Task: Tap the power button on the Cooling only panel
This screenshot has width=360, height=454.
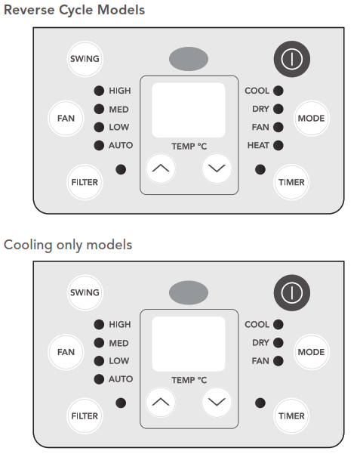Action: pyautogui.click(x=292, y=293)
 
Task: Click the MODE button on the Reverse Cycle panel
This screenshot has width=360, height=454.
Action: pyautogui.click(x=312, y=118)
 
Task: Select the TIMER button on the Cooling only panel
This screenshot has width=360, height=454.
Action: pyautogui.click(x=291, y=415)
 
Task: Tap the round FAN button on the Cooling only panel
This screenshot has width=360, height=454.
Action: pyautogui.click(x=66, y=352)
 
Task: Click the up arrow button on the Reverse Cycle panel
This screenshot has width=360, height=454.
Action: pyautogui.click(x=161, y=168)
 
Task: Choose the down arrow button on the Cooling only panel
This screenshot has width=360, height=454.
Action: pyautogui.click(x=217, y=402)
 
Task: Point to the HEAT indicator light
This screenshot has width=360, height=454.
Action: pyautogui.click(x=278, y=145)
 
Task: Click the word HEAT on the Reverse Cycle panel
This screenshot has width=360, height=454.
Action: pyautogui.click(x=258, y=145)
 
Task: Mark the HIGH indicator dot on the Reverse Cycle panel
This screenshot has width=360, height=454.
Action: pyautogui.click(x=99, y=91)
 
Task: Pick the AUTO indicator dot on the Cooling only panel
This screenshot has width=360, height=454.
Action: pyautogui.click(x=99, y=379)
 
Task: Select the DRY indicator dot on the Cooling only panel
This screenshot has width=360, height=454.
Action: pyautogui.click(x=278, y=342)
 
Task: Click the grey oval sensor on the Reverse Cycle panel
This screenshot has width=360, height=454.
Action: pyautogui.click(x=189, y=59)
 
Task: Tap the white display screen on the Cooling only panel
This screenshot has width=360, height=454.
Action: pyautogui.click(x=189, y=344)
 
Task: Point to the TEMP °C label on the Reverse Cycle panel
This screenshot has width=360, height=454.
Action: pyautogui.click(x=189, y=147)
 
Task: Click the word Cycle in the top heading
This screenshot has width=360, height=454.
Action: pyautogui.click(x=76, y=10)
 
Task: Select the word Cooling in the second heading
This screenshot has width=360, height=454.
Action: pyautogui.click(x=28, y=245)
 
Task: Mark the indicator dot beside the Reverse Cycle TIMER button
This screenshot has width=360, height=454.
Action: pyautogui.click(x=260, y=169)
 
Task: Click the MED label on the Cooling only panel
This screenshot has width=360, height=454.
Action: pyautogui.click(x=118, y=343)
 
